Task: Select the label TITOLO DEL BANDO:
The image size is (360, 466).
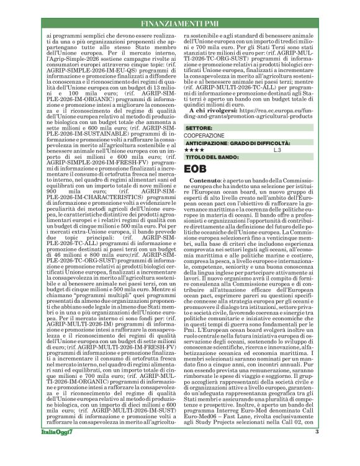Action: [x=213, y=158]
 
